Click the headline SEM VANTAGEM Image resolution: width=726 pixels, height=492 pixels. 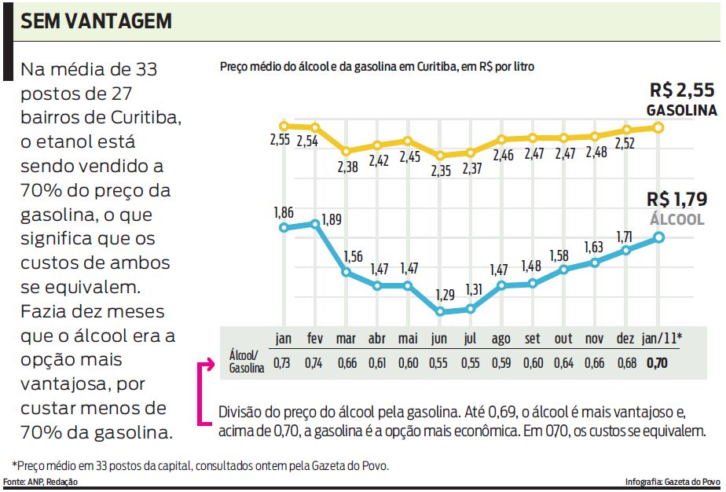[96, 21]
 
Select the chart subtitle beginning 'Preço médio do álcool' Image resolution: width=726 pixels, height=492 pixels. [377, 68]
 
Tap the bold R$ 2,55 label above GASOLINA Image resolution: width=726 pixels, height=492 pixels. [683, 90]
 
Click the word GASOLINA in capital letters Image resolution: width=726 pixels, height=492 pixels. [681, 111]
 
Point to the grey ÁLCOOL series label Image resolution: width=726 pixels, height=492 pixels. [676, 219]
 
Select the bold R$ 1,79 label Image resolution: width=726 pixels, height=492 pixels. [677, 198]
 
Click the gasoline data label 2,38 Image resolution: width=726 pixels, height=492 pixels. [348, 167]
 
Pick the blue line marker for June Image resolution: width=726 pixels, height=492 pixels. [441, 311]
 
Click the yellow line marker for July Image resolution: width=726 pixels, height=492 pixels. [471, 152]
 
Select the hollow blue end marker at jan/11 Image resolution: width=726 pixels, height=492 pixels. [658, 237]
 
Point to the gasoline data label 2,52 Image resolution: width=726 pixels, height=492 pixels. [625, 144]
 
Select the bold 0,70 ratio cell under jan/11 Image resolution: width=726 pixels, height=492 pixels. [657, 363]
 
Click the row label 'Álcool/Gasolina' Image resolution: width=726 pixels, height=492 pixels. [247, 362]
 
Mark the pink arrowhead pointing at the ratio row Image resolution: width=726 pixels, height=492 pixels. [209, 364]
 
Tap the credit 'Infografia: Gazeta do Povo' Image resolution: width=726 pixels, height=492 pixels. [673, 481]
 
